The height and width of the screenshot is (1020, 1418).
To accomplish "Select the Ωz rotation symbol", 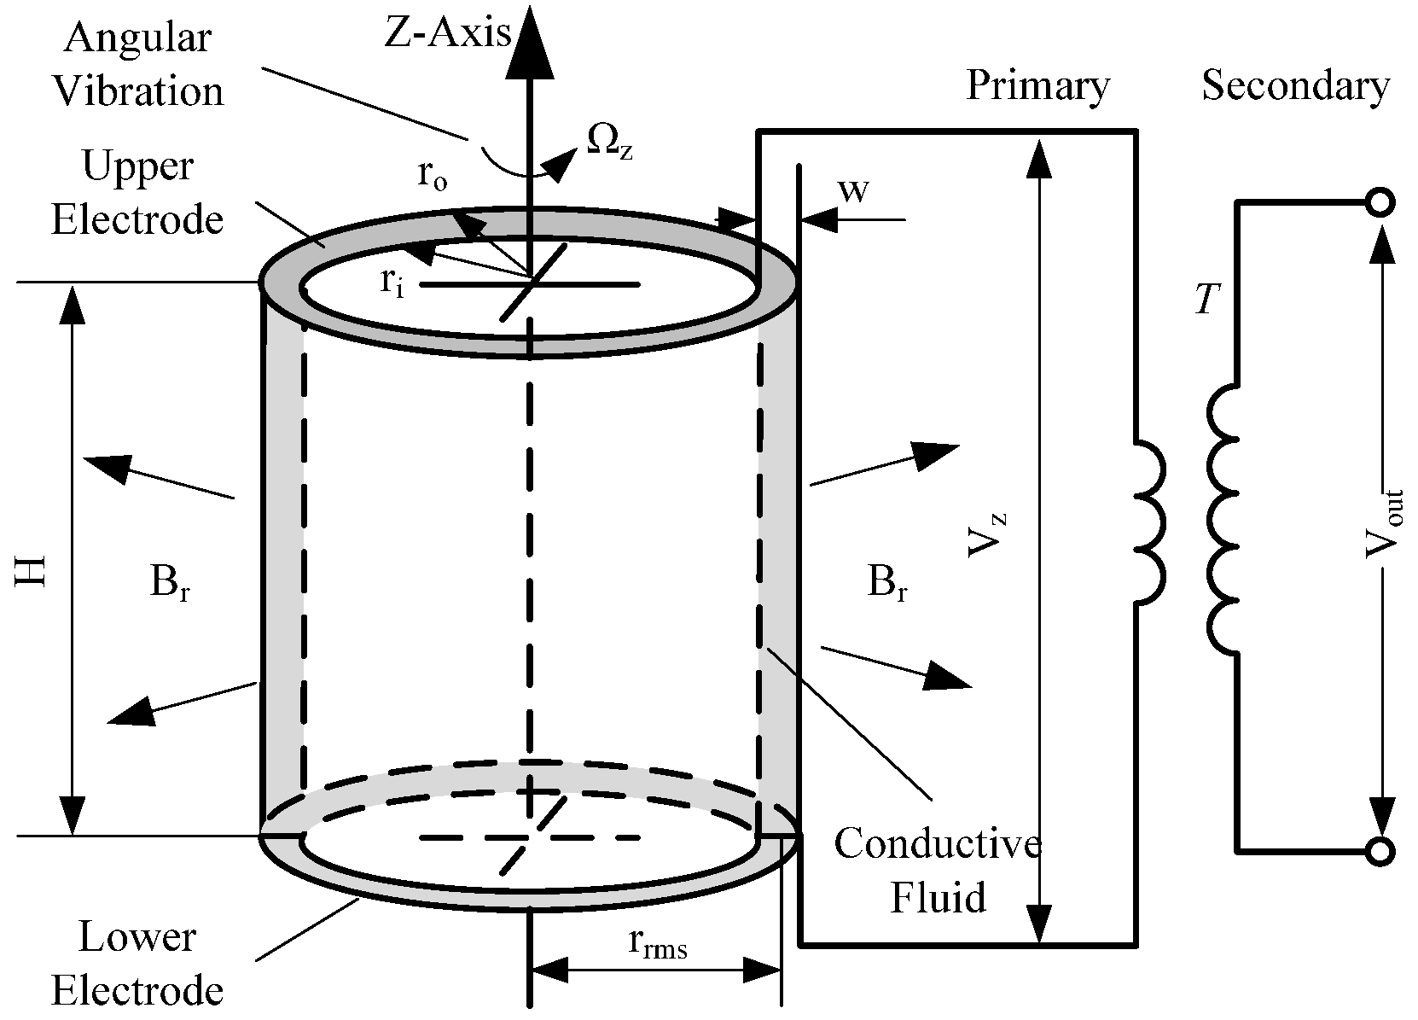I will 608,140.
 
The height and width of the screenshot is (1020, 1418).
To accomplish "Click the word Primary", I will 1037,85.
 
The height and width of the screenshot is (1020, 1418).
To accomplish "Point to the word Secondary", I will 1295,85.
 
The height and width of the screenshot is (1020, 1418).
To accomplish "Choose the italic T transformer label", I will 1206,300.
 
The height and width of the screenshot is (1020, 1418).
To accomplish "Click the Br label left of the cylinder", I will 169,584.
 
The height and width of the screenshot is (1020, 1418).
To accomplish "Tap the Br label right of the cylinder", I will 886,584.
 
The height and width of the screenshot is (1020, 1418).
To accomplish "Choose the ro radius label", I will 432,176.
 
